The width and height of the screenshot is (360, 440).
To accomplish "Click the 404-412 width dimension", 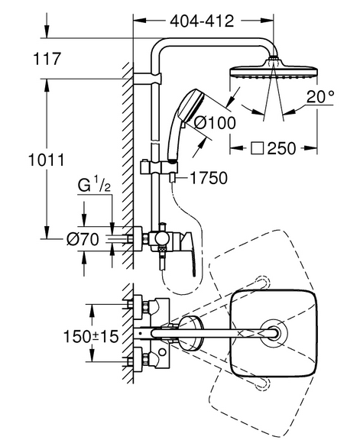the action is tap(202, 21).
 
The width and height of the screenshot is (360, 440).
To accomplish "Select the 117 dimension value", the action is tap(47, 59).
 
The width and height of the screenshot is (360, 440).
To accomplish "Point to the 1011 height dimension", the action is tap(47, 160).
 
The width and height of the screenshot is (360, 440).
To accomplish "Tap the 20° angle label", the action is tap(320, 97).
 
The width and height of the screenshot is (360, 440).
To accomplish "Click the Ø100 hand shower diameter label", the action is tap(216, 123).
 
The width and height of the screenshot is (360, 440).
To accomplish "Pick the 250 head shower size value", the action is tap(281, 148).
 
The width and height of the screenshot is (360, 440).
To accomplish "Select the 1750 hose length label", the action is tap(209, 178).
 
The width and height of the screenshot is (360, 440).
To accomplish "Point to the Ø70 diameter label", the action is tap(83, 239).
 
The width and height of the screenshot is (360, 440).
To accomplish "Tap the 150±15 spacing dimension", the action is tap(91, 336).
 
